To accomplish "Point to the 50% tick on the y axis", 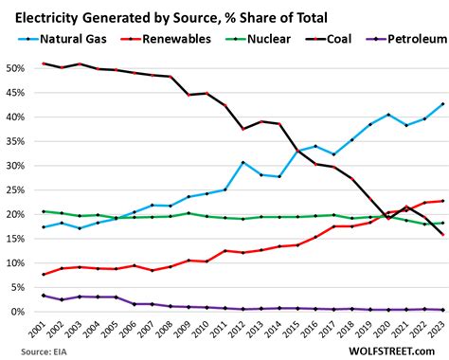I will [x=17, y=68].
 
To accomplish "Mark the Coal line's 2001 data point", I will [x=45, y=63].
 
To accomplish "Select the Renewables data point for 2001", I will [x=45, y=275].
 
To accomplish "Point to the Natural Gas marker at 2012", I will [x=242, y=162].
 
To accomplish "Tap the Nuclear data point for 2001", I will [x=45, y=211].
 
